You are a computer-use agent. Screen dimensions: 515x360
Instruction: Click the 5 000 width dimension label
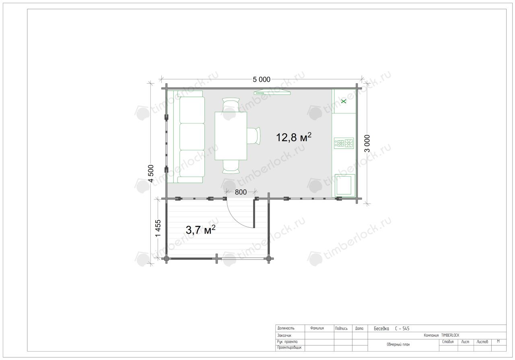click(262, 80)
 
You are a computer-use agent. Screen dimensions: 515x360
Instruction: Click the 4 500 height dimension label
click(151, 173)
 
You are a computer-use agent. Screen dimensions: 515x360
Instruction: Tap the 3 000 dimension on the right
click(367, 144)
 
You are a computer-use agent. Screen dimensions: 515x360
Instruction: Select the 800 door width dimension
click(241, 192)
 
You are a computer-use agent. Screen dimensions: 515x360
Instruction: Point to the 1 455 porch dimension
click(158, 228)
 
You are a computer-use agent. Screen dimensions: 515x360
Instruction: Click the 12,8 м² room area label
click(294, 137)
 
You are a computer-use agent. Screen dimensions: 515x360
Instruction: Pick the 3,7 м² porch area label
click(200, 230)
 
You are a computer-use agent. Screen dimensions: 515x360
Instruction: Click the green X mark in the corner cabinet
click(344, 101)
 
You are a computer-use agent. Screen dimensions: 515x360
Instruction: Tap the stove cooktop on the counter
click(344, 143)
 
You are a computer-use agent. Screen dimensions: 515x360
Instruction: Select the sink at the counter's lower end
click(345, 185)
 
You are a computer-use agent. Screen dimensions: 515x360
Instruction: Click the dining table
click(231, 136)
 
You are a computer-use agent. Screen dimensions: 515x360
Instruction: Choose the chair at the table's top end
click(231, 105)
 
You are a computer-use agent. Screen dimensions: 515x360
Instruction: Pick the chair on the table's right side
click(253, 136)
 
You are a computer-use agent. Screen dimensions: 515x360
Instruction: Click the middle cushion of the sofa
click(192, 137)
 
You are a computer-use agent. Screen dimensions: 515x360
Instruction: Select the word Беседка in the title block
click(381, 329)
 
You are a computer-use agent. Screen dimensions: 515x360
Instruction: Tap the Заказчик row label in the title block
click(284, 335)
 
